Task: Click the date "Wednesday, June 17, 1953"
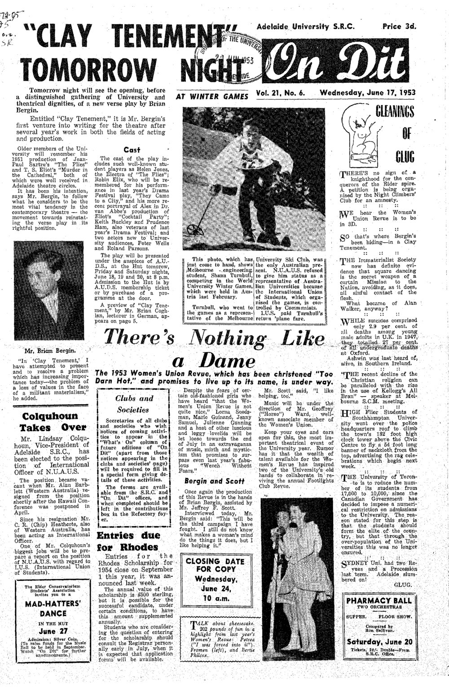[x=368, y=93]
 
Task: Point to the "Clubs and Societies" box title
[x=134, y=404]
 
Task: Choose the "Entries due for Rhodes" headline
[x=127, y=541]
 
